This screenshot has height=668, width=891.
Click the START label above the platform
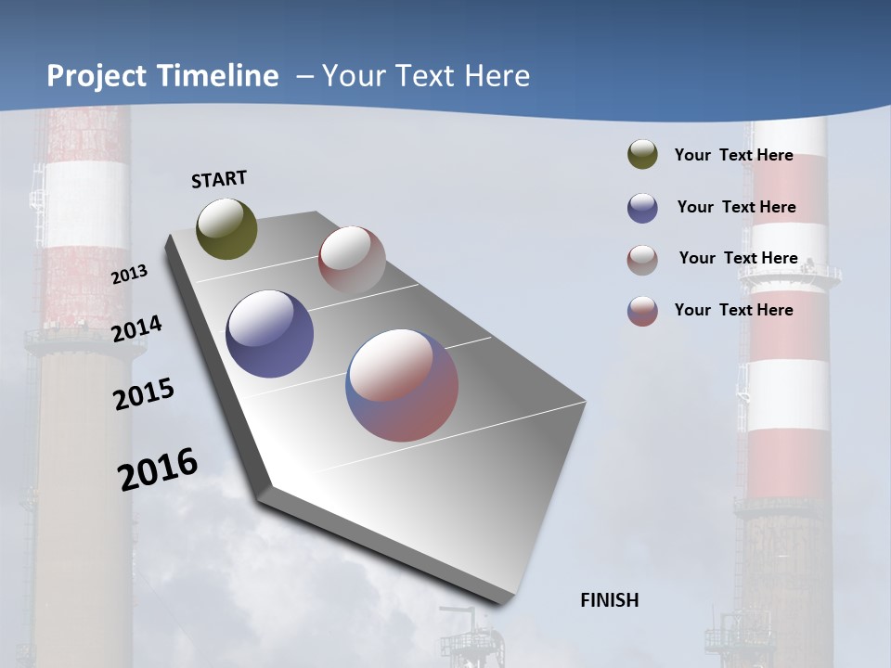click(219, 179)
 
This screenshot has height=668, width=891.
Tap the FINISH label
click(609, 600)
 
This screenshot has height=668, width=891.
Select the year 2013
click(129, 275)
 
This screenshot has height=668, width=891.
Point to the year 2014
click(136, 329)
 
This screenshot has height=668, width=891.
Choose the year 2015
click(144, 394)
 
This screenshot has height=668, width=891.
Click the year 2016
click(158, 469)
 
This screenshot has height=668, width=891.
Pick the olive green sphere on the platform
click(226, 228)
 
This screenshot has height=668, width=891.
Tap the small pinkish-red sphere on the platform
click(352, 260)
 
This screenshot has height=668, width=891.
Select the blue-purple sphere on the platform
click(269, 334)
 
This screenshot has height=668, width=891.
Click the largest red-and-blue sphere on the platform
click(402, 385)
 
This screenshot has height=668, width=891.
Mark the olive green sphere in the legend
click(642, 155)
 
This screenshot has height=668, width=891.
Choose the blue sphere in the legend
click(642, 208)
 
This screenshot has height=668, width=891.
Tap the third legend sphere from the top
click(642, 260)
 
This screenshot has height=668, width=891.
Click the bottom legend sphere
click(642, 311)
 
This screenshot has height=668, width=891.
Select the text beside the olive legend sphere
click(733, 155)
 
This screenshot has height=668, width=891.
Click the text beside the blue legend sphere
click(736, 207)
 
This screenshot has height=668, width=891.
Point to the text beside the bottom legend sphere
click(733, 310)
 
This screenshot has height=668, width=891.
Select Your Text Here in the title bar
click(426, 76)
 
